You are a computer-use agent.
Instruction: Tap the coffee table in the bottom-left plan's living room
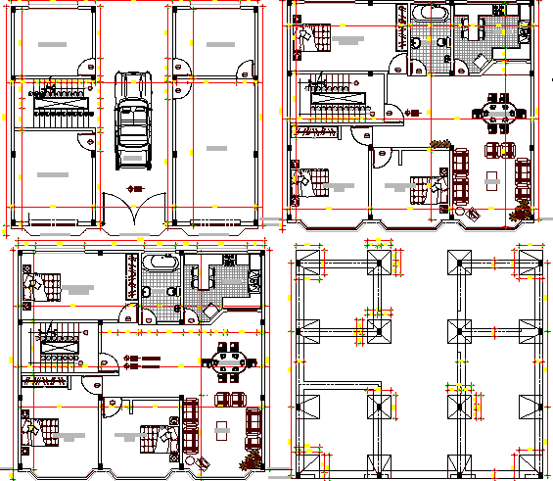(223, 427)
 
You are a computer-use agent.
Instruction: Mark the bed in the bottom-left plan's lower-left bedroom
(37, 437)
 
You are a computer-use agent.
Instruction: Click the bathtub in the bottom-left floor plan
(161, 264)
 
